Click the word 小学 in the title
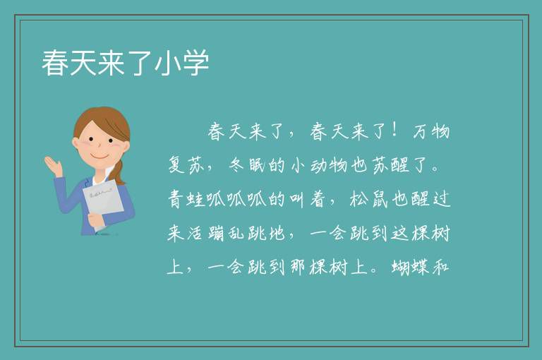pos(181,63)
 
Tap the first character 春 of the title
pos(55,63)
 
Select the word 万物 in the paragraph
pos(431,131)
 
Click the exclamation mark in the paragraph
pos(394,130)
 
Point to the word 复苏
pos(186,165)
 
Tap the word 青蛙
pos(186,199)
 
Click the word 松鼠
pos(369,199)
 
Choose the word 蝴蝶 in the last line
pos(410,267)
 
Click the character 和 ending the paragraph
pos(440,267)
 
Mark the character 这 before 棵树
pos(400,233)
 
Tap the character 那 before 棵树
pos(298,267)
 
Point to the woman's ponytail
pos(119,172)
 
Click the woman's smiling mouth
pos(100,156)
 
